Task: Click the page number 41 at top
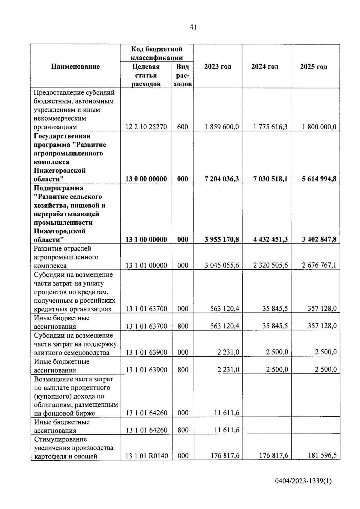(x=193, y=27)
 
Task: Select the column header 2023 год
(x=217, y=67)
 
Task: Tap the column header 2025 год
(x=313, y=67)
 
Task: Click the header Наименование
(x=75, y=67)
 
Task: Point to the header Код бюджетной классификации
(x=157, y=53)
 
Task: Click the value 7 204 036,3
(x=222, y=179)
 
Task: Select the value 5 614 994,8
(x=319, y=179)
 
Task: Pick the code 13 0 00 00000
(x=146, y=179)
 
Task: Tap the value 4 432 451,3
(x=270, y=239)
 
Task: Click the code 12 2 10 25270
(x=146, y=127)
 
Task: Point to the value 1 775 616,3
(x=270, y=127)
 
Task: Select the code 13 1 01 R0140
(x=147, y=456)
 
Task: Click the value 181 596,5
(x=322, y=455)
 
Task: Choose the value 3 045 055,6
(x=222, y=265)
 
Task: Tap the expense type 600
(x=182, y=127)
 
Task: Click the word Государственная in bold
(x=62, y=136)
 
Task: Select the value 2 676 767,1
(x=319, y=265)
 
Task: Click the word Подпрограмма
(x=58, y=188)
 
